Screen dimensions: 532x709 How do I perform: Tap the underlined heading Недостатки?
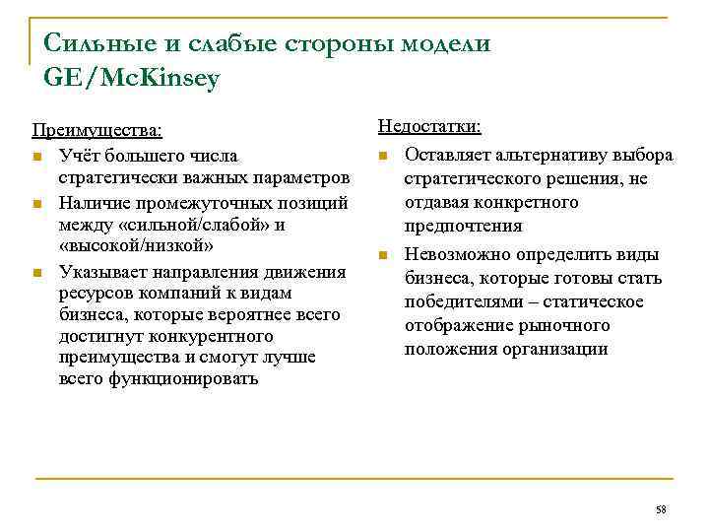[429, 127]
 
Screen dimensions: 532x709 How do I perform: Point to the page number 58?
[661, 509]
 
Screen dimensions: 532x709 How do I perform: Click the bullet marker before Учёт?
[36, 157]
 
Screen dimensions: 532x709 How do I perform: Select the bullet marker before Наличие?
[36, 204]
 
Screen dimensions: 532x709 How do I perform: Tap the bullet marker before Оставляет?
[383, 157]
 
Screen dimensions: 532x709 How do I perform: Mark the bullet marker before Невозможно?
[383, 256]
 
